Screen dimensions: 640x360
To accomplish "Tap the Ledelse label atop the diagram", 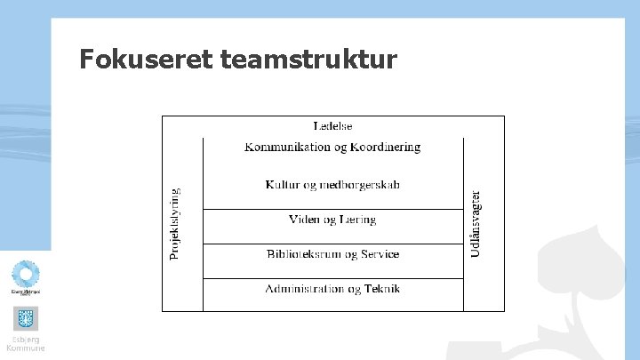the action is coord(333,126).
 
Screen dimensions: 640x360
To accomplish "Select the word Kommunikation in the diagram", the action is coord(283,147).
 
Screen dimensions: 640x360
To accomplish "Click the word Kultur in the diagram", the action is coord(282,185).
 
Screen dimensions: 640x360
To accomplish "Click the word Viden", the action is coord(305,220).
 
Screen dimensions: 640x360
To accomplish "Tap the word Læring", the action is coord(356,220).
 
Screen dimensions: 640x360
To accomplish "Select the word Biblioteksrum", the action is coord(299,254).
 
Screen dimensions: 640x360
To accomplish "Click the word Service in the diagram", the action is coord(378,254).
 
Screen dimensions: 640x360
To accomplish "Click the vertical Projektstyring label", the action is coord(174,223).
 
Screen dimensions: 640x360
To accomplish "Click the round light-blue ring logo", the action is coord(25,275).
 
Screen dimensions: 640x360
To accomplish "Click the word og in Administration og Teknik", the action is coord(354,290).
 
